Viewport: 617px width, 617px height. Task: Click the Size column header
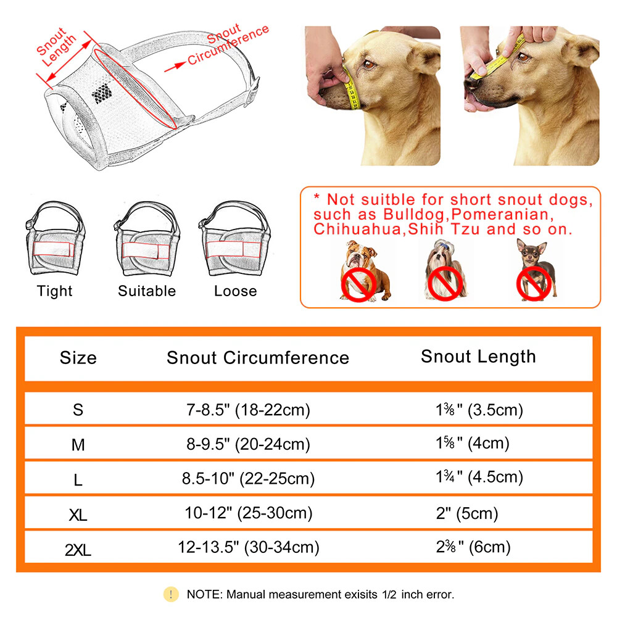78,358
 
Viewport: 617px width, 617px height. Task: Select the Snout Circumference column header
258,358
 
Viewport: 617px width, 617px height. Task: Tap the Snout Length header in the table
478,357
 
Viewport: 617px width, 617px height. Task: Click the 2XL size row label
78,547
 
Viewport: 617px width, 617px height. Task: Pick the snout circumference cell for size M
248,444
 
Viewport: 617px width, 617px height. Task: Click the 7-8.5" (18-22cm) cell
248,410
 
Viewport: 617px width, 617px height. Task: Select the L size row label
78,479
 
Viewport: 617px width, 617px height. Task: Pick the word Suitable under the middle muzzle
147,291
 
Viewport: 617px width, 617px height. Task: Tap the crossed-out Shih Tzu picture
445,271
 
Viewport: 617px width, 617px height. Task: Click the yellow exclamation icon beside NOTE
171,594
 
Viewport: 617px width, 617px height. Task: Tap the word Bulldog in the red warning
413,215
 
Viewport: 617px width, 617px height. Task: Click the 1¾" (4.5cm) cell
479,477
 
